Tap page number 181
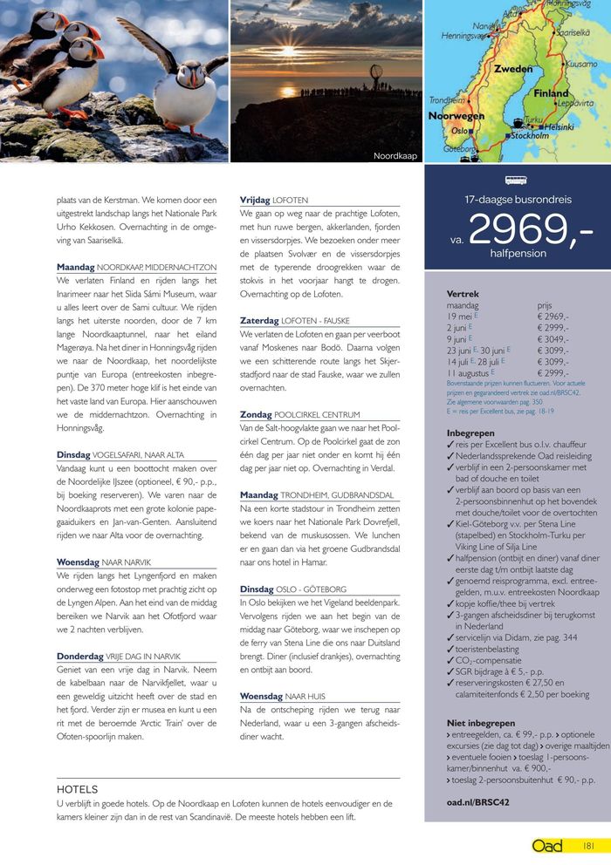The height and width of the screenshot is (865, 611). click(x=589, y=846)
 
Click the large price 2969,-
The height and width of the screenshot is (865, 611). click(x=530, y=229)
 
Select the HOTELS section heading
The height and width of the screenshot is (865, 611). click(x=77, y=789)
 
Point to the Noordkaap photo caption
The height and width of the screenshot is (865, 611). click(x=395, y=156)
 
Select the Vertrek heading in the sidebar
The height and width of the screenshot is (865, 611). click(x=463, y=295)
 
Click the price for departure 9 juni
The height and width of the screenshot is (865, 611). click(x=553, y=338)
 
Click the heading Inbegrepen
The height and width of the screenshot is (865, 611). click(x=470, y=432)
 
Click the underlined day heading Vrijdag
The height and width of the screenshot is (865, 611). click(x=256, y=201)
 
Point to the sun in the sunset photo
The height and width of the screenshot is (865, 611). click(x=288, y=91)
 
